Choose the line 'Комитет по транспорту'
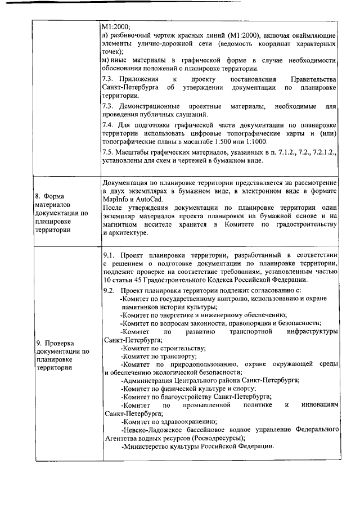[x=159, y=356]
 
